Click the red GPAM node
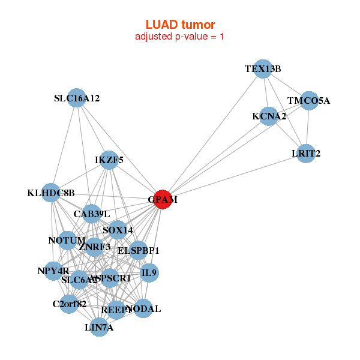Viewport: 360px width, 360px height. click(x=163, y=199)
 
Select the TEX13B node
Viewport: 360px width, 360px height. click(x=263, y=69)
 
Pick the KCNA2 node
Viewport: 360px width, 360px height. click(x=269, y=116)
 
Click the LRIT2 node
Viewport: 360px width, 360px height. click(x=307, y=154)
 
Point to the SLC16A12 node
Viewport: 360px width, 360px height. click(x=76, y=98)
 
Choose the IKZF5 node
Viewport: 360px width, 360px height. click(x=109, y=160)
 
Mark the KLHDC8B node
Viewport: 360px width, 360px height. click(x=51, y=193)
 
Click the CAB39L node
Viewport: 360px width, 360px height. click(x=91, y=214)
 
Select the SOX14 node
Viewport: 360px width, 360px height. click(x=118, y=230)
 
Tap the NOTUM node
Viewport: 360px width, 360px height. click(x=67, y=241)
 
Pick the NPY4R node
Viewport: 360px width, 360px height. click(x=53, y=271)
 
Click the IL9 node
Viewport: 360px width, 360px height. click(x=149, y=273)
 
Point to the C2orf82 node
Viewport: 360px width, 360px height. click(x=70, y=304)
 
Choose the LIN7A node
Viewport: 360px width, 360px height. click(x=99, y=328)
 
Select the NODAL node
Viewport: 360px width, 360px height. click(x=143, y=309)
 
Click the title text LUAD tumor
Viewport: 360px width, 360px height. click(x=180, y=25)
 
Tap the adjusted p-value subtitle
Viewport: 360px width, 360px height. click(x=180, y=37)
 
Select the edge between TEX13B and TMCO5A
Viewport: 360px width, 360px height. click(x=286, y=85)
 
